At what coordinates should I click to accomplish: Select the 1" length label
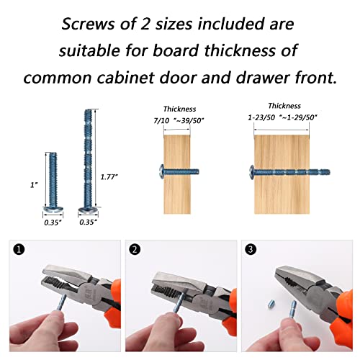point(33,186)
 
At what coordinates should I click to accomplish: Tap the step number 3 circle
point(251,251)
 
